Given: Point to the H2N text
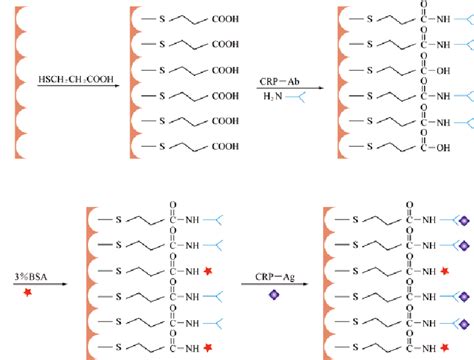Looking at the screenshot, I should [x=270, y=96].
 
